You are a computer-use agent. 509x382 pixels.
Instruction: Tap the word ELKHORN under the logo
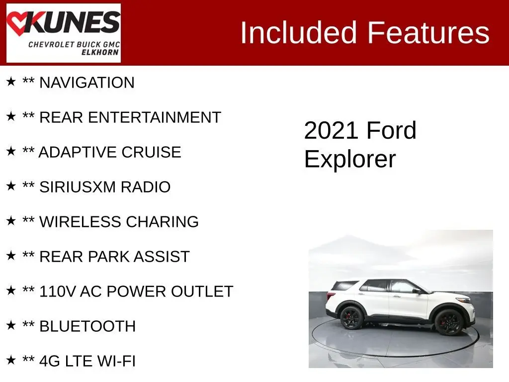tap(100, 52)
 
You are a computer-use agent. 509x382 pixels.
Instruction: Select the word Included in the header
tap(299, 32)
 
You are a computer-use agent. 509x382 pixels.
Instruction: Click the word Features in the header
tap(428, 32)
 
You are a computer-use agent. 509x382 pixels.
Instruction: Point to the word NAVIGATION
tap(86, 83)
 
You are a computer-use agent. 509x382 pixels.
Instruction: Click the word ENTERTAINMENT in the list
tap(154, 117)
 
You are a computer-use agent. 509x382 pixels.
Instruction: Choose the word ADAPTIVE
tap(77, 152)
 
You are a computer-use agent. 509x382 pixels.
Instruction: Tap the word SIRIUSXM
tap(77, 187)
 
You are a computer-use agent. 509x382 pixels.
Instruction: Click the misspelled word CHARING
tap(162, 221)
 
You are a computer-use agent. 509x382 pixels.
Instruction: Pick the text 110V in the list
tap(58, 291)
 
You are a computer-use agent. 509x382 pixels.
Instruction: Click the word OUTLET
tap(202, 291)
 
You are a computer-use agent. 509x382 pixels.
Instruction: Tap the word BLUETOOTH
tap(87, 326)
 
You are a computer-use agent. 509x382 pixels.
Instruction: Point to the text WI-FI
tap(116, 361)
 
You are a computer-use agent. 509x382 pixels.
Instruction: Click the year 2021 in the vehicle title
tap(333, 131)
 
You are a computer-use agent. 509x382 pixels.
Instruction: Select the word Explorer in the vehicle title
tap(350, 159)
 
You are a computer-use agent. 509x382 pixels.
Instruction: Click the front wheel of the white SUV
tap(449, 322)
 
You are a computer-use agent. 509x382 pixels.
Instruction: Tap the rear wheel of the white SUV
tap(351, 318)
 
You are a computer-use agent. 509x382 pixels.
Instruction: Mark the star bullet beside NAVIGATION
tap(11, 82)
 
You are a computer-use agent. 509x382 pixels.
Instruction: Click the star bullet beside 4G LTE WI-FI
tap(11, 360)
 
